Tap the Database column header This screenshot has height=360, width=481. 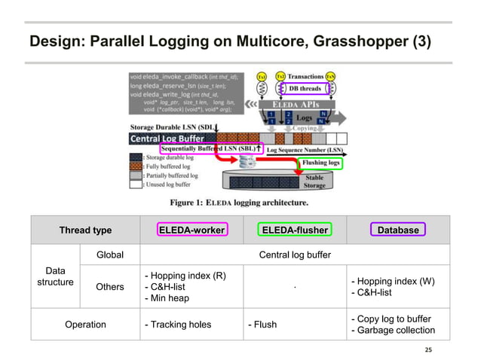[x=397, y=230]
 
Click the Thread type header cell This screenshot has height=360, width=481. [x=85, y=230]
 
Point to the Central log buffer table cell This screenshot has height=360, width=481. [x=295, y=255]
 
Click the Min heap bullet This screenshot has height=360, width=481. [x=167, y=299]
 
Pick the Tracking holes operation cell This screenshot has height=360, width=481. [x=179, y=325]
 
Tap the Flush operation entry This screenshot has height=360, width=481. [x=262, y=325]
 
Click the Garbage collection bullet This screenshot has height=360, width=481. [x=392, y=331]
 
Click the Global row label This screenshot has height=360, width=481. [x=110, y=255]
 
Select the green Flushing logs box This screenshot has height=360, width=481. [x=321, y=162]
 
